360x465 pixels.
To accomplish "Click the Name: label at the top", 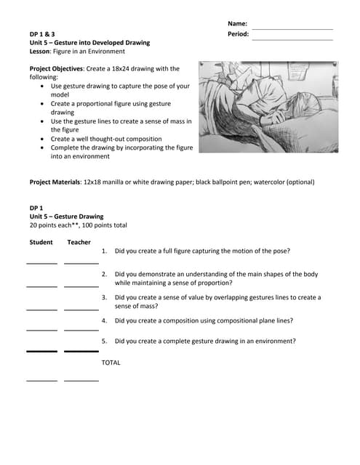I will [237, 23].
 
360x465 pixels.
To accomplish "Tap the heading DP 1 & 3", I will [42, 34].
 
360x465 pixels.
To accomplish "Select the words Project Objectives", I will [55, 69].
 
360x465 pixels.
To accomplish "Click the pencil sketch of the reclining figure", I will [268, 107].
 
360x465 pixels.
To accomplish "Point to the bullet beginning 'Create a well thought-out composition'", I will [106, 139].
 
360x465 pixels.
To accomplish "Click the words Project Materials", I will [55, 182].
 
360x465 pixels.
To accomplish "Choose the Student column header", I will [41, 243].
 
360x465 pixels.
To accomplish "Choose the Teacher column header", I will [79, 243].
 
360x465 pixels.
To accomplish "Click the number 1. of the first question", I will [105, 251].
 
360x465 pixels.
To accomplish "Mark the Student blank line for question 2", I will [41, 286].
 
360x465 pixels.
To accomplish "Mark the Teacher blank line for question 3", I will [81, 310].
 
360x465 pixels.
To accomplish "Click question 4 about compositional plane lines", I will [204, 320].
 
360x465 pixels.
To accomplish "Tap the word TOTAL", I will [111, 362].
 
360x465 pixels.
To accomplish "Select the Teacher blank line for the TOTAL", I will [81, 380].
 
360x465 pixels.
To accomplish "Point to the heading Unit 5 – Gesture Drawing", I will [67, 217].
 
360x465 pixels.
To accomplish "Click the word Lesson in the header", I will [41, 52].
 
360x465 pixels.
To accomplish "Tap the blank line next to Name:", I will [292, 28].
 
